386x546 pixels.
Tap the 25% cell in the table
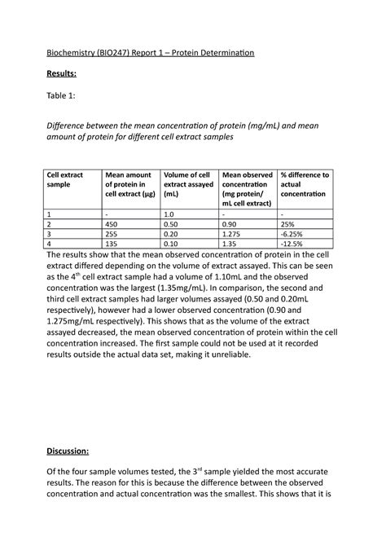click(287, 222)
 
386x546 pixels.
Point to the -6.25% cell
click(292, 232)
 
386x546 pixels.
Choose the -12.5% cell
click(292, 242)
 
